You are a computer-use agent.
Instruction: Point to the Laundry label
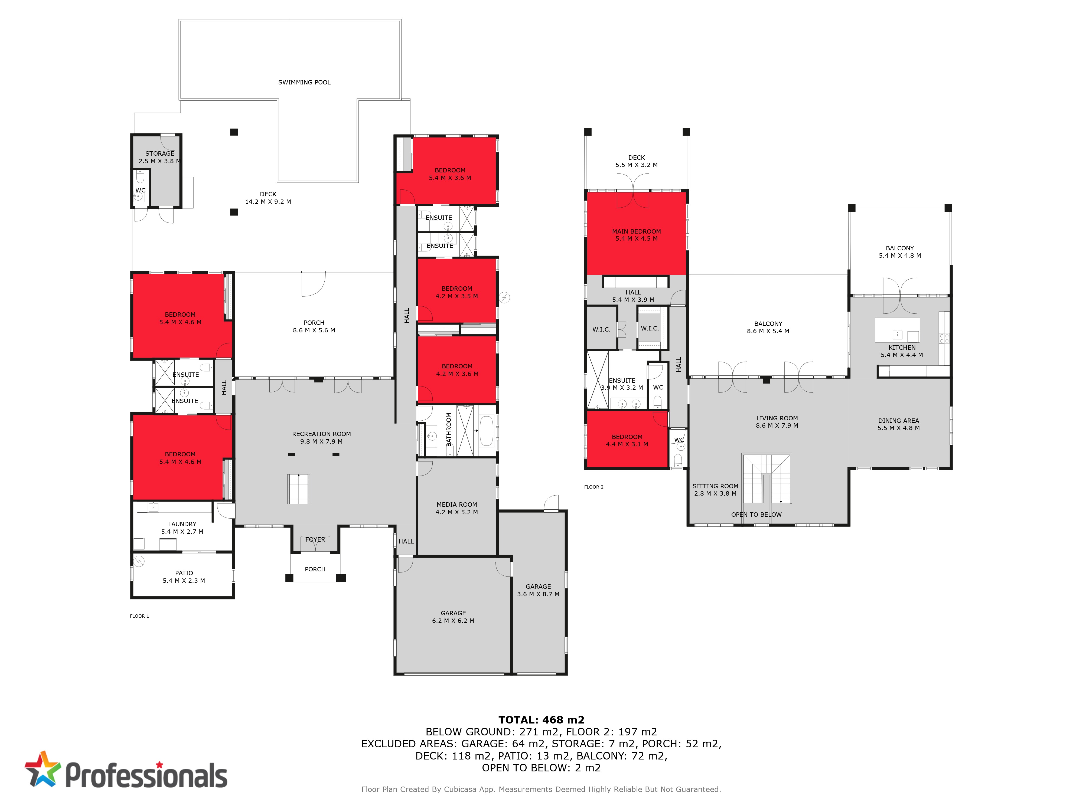point(182,528)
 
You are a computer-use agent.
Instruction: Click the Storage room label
point(160,157)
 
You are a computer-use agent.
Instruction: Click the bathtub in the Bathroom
point(486,431)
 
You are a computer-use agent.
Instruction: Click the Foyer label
point(315,539)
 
